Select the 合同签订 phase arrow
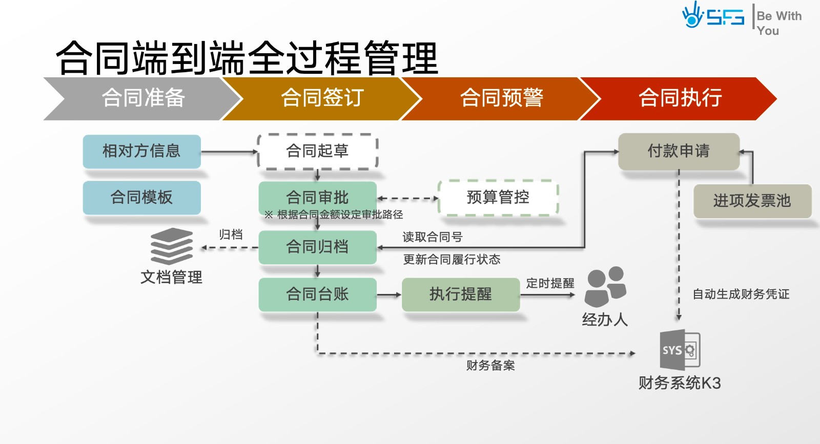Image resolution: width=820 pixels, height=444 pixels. click(322, 98)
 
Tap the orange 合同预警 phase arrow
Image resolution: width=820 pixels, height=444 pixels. click(501, 98)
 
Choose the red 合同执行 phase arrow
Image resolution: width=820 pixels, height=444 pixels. click(680, 98)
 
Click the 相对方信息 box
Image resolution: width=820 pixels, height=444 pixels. click(141, 151)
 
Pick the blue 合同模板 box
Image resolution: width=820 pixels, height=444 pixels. click(141, 197)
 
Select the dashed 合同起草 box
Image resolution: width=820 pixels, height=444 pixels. click(317, 151)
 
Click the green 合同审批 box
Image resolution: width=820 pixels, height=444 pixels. click(317, 197)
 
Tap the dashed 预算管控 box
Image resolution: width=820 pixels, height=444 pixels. click(498, 197)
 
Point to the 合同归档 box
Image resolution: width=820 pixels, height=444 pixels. click(317, 247)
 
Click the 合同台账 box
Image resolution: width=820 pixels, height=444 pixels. click(317, 294)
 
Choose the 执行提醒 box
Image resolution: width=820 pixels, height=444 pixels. click(460, 294)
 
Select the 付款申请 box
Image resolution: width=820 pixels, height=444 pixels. click(679, 151)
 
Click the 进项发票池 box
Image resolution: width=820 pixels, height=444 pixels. click(752, 201)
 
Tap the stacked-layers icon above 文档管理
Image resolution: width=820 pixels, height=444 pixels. click(172, 246)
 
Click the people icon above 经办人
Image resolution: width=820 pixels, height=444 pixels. click(605, 287)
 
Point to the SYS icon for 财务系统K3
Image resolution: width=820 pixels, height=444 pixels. click(680, 350)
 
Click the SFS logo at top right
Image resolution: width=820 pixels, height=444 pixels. click(713, 16)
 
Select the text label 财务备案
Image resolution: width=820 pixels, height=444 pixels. click(490, 366)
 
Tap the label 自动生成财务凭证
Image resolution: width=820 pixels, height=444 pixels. click(741, 294)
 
